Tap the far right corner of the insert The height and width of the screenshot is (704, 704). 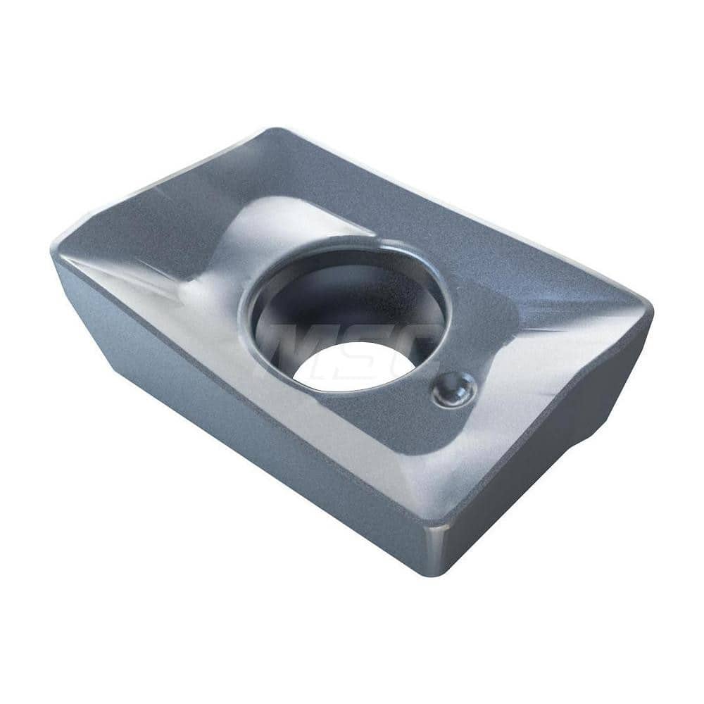coord(649,310)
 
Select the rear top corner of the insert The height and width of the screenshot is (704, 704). coord(278,131)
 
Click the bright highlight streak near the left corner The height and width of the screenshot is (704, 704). coord(120,271)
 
